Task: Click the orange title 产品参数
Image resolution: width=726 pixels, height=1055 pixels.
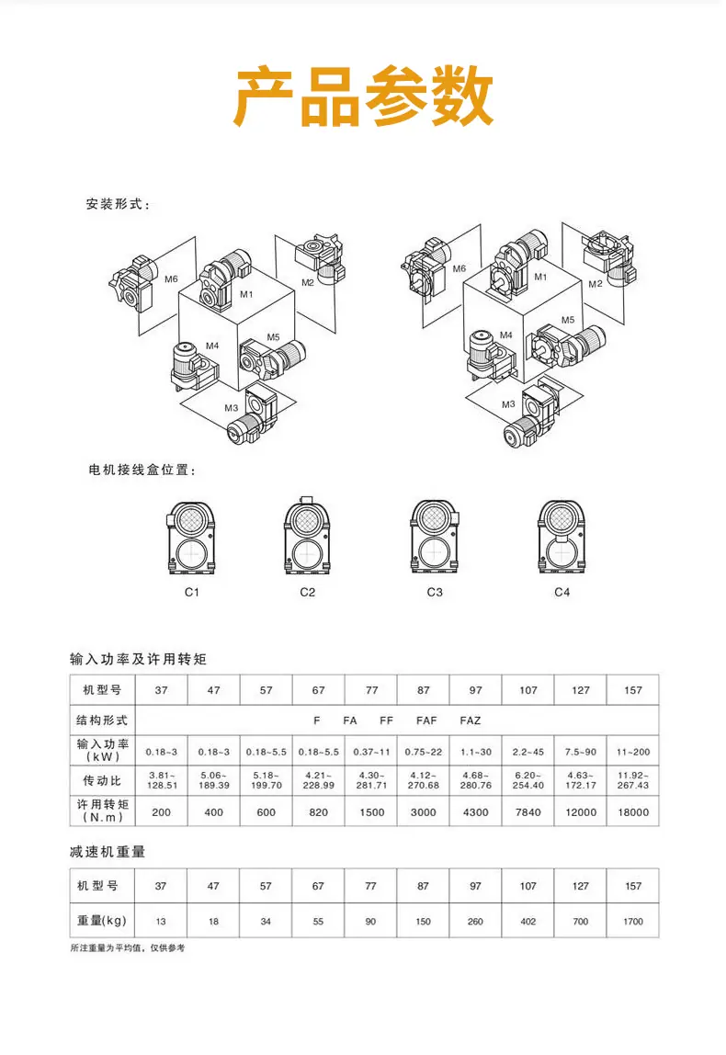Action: click(x=363, y=96)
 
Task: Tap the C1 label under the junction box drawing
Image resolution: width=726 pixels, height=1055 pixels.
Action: click(x=192, y=592)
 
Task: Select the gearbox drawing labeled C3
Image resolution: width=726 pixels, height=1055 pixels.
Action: click(x=435, y=538)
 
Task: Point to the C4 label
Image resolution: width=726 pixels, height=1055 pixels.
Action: click(x=562, y=592)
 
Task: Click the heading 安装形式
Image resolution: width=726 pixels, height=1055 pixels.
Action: click(x=118, y=205)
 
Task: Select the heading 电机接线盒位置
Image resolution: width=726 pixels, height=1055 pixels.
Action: click(x=142, y=471)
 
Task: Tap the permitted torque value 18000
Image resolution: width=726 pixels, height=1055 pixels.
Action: click(x=633, y=812)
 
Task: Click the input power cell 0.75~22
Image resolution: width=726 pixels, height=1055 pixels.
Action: click(x=424, y=753)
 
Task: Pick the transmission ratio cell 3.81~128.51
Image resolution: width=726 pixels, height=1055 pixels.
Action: click(x=162, y=780)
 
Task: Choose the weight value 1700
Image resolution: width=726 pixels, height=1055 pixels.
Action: click(x=633, y=921)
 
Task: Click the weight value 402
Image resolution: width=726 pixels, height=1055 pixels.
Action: click(x=528, y=921)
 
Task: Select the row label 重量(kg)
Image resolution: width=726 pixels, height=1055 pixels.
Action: click(x=102, y=921)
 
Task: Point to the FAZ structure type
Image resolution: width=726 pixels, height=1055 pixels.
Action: click(x=471, y=720)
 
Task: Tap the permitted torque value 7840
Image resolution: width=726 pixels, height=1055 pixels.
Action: click(x=528, y=812)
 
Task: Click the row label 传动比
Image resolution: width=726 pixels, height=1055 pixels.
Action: click(x=102, y=780)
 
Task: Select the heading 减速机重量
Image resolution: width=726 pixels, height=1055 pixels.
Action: click(x=108, y=852)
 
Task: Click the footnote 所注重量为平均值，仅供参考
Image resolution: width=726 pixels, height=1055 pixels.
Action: click(x=127, y=948)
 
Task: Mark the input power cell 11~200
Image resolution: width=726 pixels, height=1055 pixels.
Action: click(x=633, y=753)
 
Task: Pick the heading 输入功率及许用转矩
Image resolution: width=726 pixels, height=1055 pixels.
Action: click(x=138, y=660)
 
